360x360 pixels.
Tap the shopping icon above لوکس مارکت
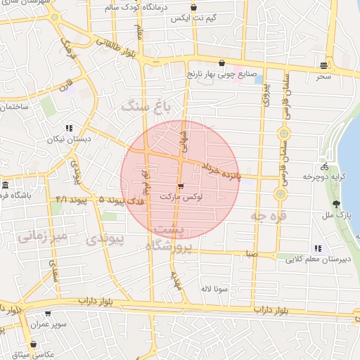click(x=181, y=187)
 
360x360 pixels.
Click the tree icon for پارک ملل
click(x=336, y=203)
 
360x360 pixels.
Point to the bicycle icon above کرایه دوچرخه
click(x=324, y=167)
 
